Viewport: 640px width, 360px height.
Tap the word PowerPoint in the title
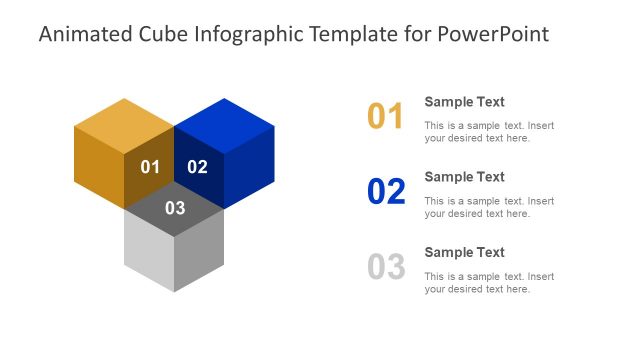click(494, 35)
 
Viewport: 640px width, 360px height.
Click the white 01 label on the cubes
click(150, 167)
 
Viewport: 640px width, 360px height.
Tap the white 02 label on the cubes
click(197, 167)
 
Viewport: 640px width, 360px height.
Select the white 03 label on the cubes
click(175, 208)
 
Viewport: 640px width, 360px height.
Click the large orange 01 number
click(385, 117)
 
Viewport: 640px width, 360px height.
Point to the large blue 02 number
click(386, 192)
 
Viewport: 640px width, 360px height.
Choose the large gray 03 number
click(386, 267)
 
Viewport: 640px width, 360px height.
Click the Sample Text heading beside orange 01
click(464, 102)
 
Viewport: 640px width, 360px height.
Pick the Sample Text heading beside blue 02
click(464, 177)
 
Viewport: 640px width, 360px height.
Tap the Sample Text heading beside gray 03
click(464, 252)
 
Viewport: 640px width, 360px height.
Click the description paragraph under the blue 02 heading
click(488, 207)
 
